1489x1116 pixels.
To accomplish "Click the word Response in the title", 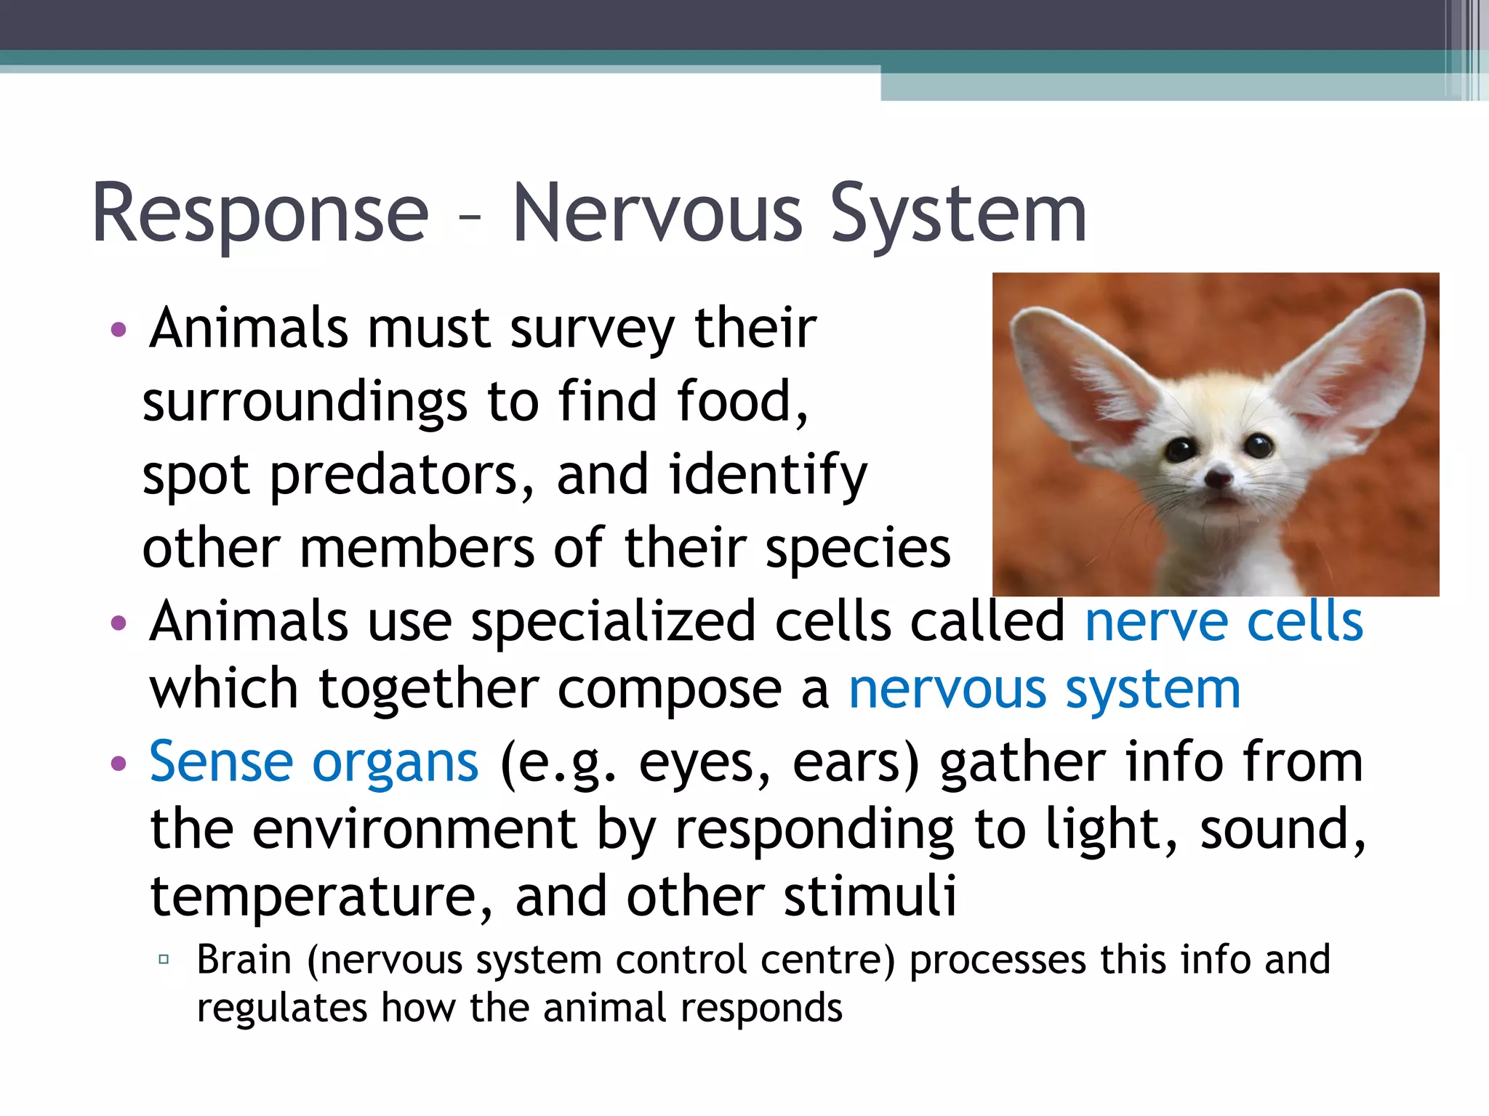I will click(x=260, y=214).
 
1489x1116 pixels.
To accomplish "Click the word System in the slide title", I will click(x=958, y=214).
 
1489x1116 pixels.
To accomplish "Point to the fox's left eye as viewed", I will click(x=1181, y=450).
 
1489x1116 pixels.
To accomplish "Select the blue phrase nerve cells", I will click(x=1224, y=622).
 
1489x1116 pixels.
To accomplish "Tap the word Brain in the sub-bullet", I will click(x=244, y=960).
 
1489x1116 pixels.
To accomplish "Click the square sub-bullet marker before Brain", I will click(x=164, y=960).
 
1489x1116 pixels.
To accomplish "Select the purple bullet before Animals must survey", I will click(x=119, y=331).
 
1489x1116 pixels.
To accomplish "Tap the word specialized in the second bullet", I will click(x=613, y=622).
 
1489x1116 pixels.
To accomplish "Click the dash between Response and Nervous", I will click(x=470, y=217).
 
